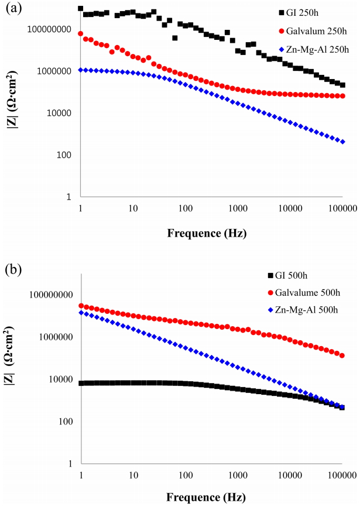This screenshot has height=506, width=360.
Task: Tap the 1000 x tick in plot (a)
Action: (238, 207)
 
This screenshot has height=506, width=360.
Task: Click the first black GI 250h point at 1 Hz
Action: (80, 8)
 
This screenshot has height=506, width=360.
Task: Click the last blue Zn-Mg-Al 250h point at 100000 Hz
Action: (342, 142)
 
